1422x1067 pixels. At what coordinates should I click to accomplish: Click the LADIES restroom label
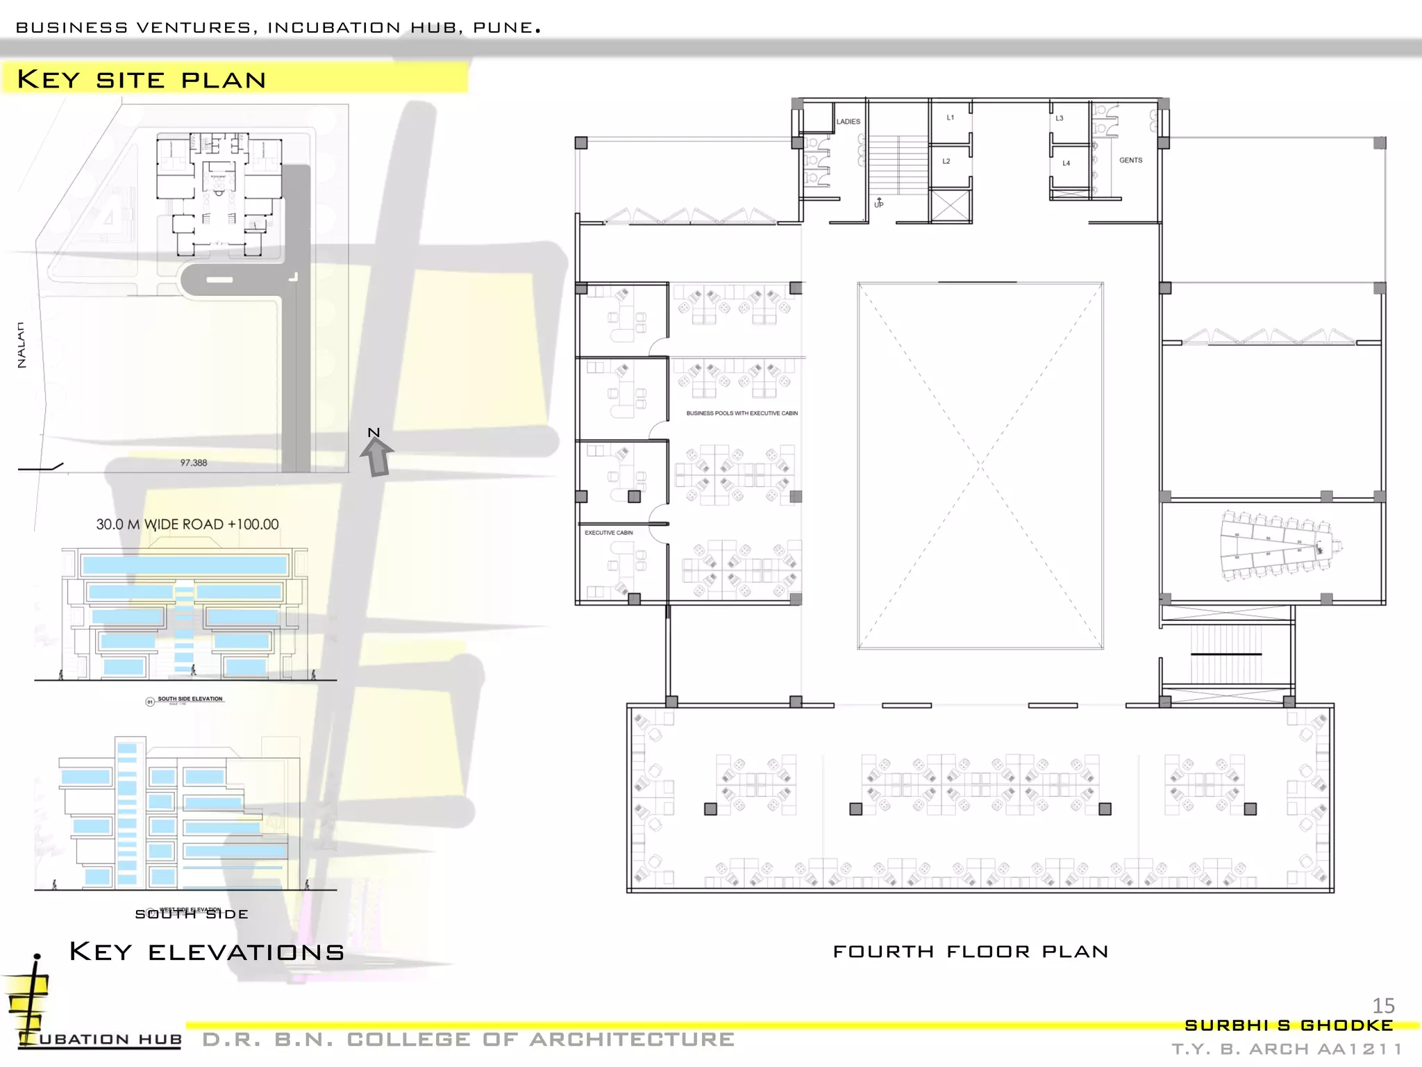pos(848,122)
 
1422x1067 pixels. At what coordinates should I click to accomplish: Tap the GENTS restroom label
pos(1130,160)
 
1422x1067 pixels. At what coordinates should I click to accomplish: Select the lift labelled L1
pos(951,117)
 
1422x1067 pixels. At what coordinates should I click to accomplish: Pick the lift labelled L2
pos(946,161)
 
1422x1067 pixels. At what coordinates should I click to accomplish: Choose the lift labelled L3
pos(1060,118)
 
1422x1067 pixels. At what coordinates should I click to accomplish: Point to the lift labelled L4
pos(1066,163)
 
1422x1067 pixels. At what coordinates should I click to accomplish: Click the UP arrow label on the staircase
pos(879,204)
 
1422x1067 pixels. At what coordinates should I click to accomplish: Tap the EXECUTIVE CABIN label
pos(608,533)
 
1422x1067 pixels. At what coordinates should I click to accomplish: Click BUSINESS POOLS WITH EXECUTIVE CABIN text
pos(742,413)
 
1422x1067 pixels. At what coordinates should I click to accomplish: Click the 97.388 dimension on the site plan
pos(194,463)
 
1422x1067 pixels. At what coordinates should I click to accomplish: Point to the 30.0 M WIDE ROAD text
pos(187,524)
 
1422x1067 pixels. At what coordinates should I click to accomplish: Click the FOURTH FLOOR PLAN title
pos(970,951)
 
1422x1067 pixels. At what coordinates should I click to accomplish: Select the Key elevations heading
pos(207,952)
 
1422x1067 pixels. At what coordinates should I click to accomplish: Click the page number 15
pos(1383,1005)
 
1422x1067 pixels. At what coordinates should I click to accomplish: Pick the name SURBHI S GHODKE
pos(1288,1025)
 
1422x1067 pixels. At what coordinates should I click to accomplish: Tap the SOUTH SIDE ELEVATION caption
pos(190,699)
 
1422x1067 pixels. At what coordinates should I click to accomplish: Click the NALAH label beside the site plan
pos(22,345)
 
